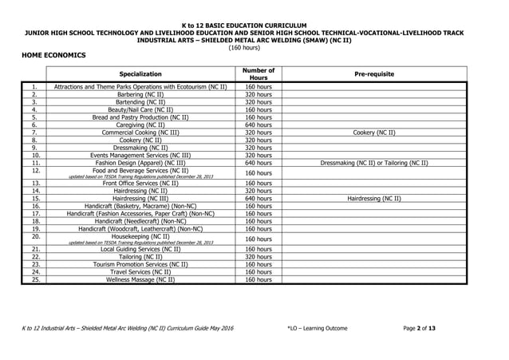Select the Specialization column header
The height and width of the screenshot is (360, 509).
(x=140, y=73)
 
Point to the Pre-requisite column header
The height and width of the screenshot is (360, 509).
(x=373, y=73)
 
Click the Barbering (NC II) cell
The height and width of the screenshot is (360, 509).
(x=140, y=94)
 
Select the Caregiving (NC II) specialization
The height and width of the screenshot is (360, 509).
(x=140, y=125)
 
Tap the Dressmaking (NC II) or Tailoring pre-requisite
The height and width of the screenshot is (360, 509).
(x=373, y=163)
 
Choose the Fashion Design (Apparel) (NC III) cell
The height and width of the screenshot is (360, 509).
(x=140, y=163)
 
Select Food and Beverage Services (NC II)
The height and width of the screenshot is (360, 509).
(x=140, y=170)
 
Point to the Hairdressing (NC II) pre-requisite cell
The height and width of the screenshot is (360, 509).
(x=373, y=198)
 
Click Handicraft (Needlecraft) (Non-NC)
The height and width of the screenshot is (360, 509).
(x=140, y=221)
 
